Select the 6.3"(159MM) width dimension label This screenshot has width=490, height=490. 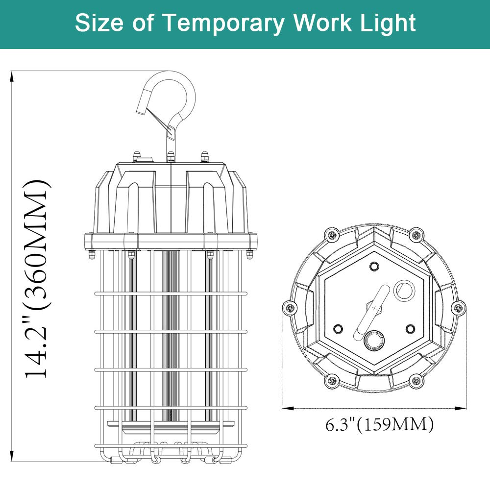click(380, 424)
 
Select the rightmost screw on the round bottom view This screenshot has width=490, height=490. click(458, 308)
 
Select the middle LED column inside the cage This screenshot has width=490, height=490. click(171, 338)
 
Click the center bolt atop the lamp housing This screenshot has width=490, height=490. click(171, 157)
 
